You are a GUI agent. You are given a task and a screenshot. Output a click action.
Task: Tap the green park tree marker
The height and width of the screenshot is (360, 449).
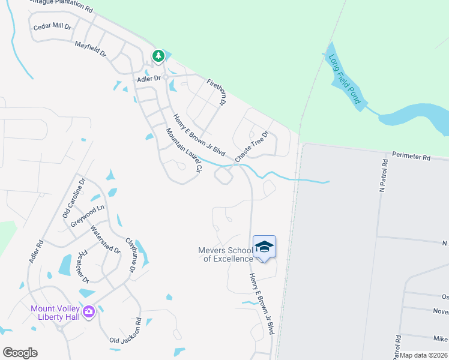coord(158,56)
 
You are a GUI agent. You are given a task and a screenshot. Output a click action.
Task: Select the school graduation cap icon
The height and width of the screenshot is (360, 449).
coord(264,247)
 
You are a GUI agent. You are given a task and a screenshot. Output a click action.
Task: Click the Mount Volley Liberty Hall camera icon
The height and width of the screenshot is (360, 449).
coord(89,311)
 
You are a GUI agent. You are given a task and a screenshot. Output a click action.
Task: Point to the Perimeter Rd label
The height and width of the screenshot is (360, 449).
coord(411,157)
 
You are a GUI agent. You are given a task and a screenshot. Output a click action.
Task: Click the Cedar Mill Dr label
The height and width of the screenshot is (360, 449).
coord(52,27)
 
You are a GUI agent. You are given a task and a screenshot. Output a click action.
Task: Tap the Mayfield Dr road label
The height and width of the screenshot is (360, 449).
coord(90,49)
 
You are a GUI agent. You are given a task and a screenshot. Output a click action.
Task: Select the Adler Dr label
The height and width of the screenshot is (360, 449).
coord(149,79)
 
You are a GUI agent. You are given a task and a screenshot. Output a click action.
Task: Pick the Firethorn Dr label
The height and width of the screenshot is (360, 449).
coord(216,92)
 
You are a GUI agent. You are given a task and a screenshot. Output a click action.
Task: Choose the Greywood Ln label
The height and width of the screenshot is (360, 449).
coord(87,212)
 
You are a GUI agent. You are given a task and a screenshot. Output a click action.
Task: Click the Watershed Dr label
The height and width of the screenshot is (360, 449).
coord(105,239)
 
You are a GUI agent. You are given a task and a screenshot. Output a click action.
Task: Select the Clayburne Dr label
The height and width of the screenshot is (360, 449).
coord(131,255)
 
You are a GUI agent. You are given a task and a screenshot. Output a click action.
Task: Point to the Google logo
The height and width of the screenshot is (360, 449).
coord(20,353)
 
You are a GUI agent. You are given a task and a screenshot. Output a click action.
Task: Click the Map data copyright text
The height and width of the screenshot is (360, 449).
coord(424,355)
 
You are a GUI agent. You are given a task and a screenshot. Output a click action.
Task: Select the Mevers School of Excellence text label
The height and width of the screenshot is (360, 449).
coord(226,254)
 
